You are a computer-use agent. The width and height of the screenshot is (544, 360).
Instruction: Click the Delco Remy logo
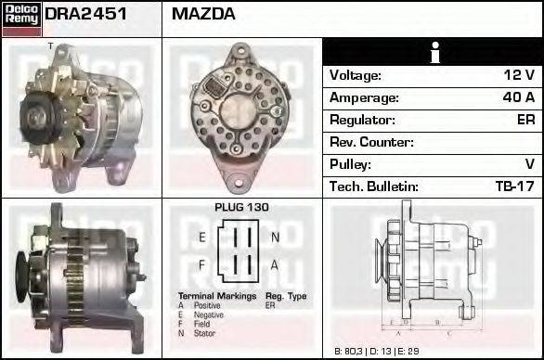coord(20,18)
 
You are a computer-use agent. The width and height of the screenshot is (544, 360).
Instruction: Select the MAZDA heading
coord(203,14)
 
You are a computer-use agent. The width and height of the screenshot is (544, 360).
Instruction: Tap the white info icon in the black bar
coord(433,52)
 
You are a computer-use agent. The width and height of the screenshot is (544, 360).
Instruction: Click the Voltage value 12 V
coord(517,75)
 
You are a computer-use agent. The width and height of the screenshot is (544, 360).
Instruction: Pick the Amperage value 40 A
coord(516,97)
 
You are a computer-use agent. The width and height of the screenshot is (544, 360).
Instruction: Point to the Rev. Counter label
coord(371,142)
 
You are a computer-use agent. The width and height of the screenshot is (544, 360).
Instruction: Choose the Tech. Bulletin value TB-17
coord(514,186)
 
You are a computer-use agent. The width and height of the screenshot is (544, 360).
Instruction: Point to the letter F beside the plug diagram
coord(201,265)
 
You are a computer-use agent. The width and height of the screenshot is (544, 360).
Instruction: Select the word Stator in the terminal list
coord(204,332)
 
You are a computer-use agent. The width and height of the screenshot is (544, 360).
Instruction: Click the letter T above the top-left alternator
coord(48,45)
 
